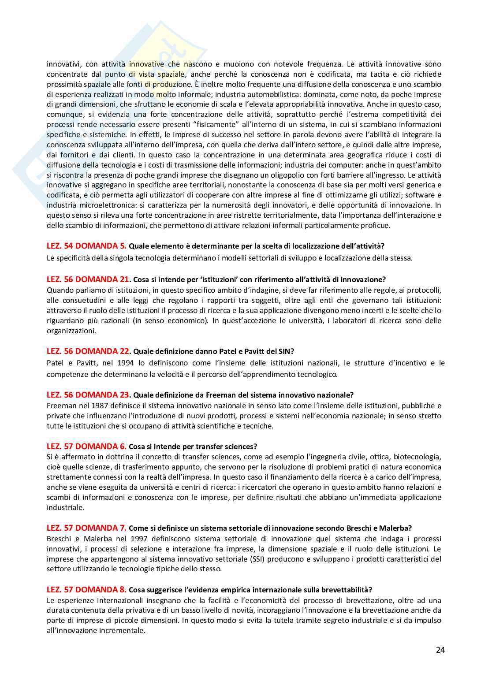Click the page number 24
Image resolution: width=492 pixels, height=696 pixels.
click(x=440, y=650)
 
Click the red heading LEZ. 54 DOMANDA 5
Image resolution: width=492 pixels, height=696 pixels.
click(x=86, y=246)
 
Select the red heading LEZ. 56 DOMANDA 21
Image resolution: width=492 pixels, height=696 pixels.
click(x=88, y=279)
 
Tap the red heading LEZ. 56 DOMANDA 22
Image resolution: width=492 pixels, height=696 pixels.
click(x=88, y=351)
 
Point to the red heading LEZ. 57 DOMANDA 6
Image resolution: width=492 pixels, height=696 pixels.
click(x=86, y=446)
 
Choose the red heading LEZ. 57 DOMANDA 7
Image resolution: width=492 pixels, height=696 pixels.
click(x=86, y=528)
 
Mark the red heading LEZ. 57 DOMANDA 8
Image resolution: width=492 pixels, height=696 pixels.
click(x=86, y=589)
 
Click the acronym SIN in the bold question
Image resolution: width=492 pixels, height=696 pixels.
click(x=287, y=351)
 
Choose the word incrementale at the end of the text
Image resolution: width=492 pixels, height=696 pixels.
click(x=124, y=630)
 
